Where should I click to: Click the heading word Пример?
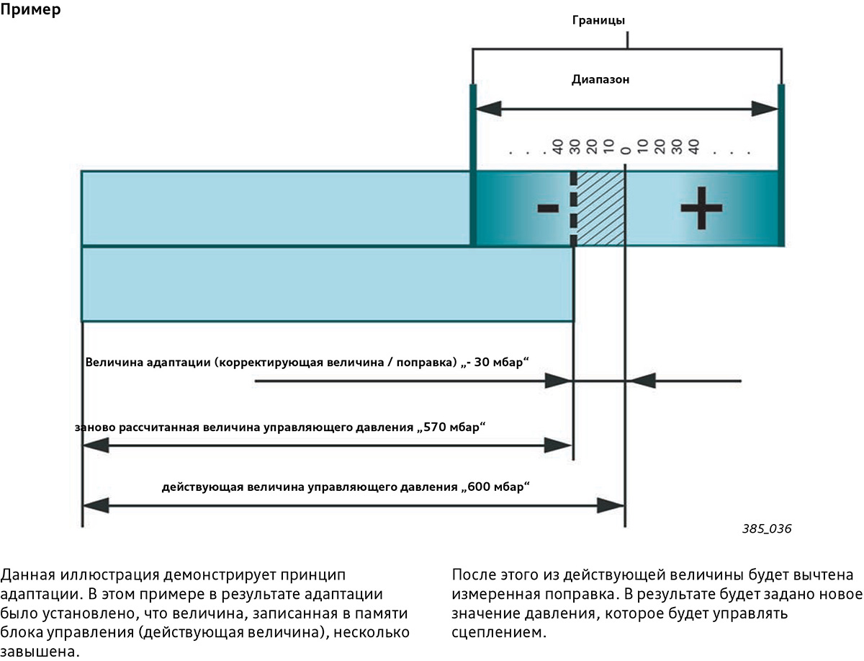[30, 9]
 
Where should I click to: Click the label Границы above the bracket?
[598, 20]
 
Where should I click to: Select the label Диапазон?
[600, 79]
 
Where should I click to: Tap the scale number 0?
[626, 151]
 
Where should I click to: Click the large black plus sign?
[701, 208]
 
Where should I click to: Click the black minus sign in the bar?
[548, 208]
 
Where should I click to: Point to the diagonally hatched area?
[600, 208]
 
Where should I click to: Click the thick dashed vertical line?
[574, 208]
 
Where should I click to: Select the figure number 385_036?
[766, 528]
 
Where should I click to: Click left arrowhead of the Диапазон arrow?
[488, 109]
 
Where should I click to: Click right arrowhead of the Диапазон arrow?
[765, 109]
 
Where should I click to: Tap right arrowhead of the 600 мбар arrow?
[611, 505]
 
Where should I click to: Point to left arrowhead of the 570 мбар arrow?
[96, 445]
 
